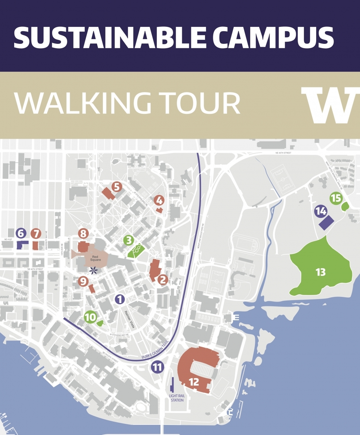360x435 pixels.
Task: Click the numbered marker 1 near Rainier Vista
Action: coord(120,299)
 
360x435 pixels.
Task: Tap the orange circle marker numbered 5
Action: coord(116,187)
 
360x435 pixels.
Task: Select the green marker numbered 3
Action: coord(128,240)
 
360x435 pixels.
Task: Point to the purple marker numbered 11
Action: coord(157,367)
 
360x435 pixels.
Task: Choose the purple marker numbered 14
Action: coord(321,211)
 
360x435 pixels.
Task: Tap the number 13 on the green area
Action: coord(321,272)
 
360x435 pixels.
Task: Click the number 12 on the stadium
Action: coord(194,382)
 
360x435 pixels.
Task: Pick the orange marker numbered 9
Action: coord(83,281)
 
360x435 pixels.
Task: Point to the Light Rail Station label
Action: coord(176,398)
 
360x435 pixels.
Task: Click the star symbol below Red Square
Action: coord(94,270)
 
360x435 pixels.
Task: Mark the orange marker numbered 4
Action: coord(159,200)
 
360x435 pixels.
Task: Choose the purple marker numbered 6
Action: coord(21,233)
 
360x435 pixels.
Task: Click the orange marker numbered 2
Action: coord(163,279)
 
